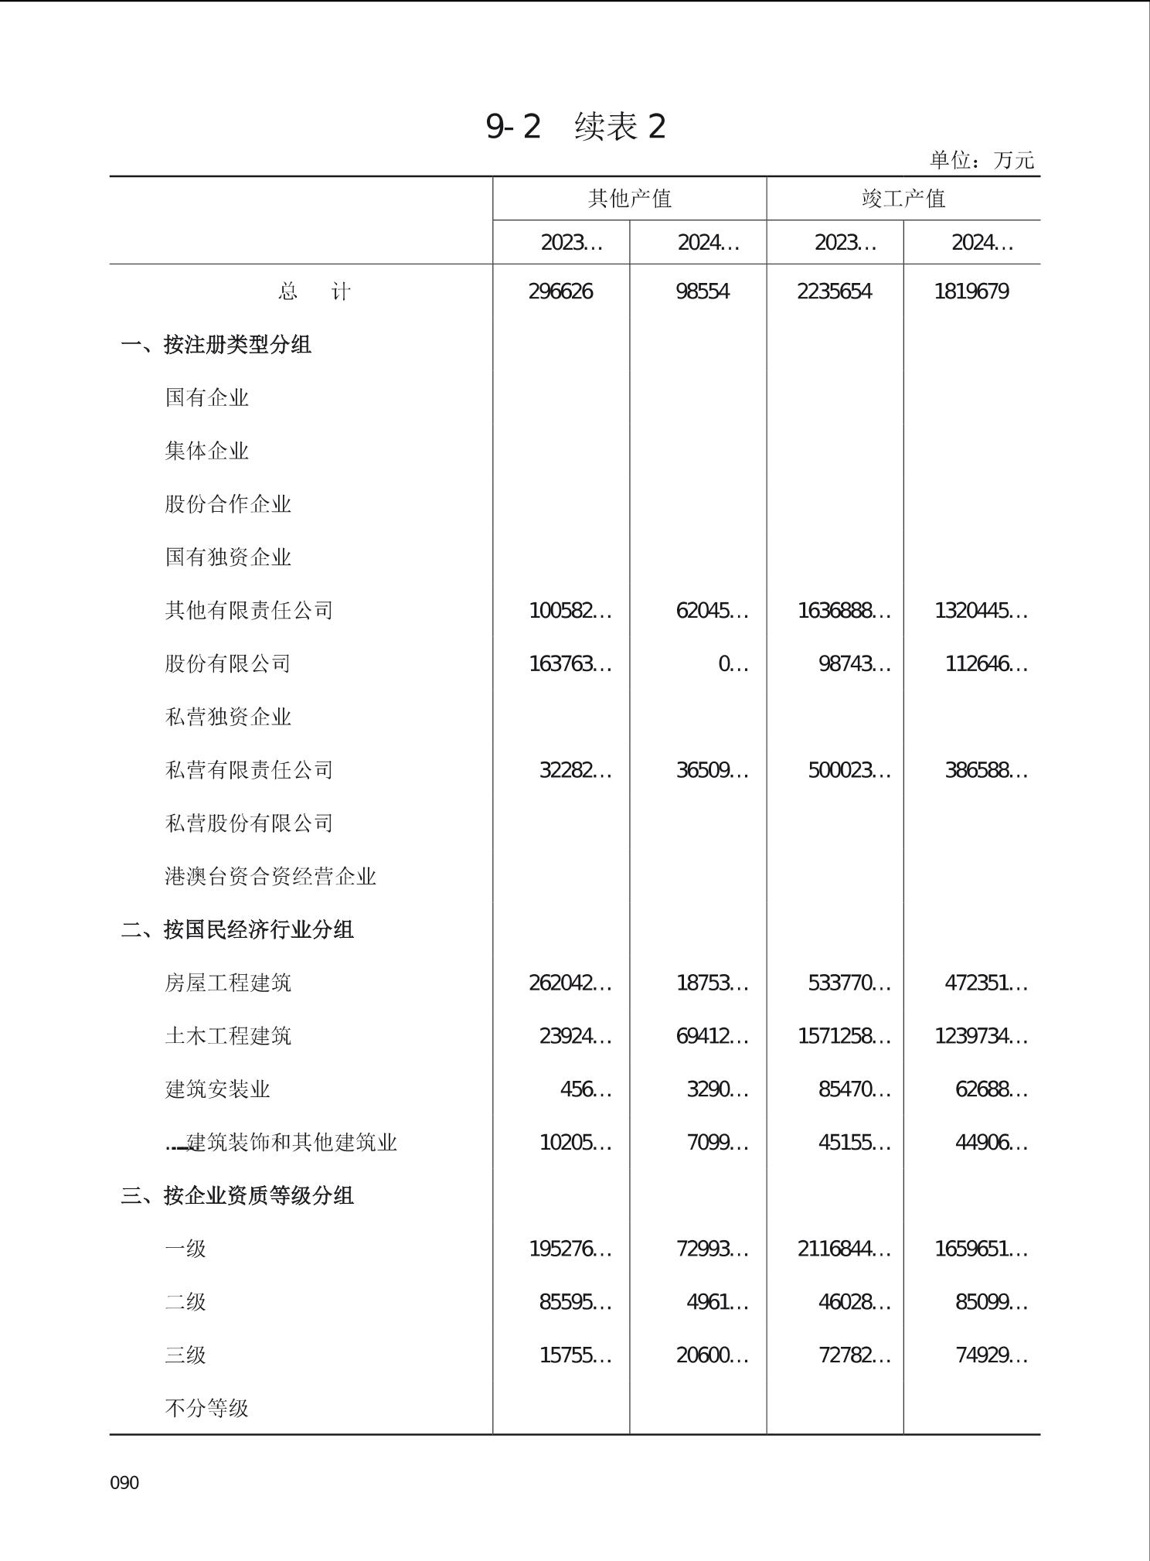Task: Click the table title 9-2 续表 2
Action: [x=575, y=126]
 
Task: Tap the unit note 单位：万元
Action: [x=982, y=160]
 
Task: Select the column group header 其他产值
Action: [x=629, y=199]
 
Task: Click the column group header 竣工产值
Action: [x=903, y=199]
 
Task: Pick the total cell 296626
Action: [x=560, y=291]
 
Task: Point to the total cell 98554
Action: [x=702, y=291]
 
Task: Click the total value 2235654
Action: [x=834, y=291]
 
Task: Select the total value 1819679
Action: [x=971, y=291]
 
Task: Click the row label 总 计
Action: [x=314, y=291]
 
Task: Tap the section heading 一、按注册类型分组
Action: [x=216, y=345]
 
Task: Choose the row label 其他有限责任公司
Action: [x=249, y=611]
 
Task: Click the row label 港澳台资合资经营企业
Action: [x=270, y=877]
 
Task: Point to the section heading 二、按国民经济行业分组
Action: [x=237, y=929]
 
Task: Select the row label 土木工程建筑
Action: [x=228, y=1036]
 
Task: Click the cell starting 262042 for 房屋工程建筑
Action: [x=570, y=983]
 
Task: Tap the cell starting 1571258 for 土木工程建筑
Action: [x=843, y=1036]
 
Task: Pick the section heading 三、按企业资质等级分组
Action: [x=237, y=1195]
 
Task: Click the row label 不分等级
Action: [x=206, y=1408]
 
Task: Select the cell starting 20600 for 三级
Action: [x=711, y=1355]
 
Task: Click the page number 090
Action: [x=124, y=1482]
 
